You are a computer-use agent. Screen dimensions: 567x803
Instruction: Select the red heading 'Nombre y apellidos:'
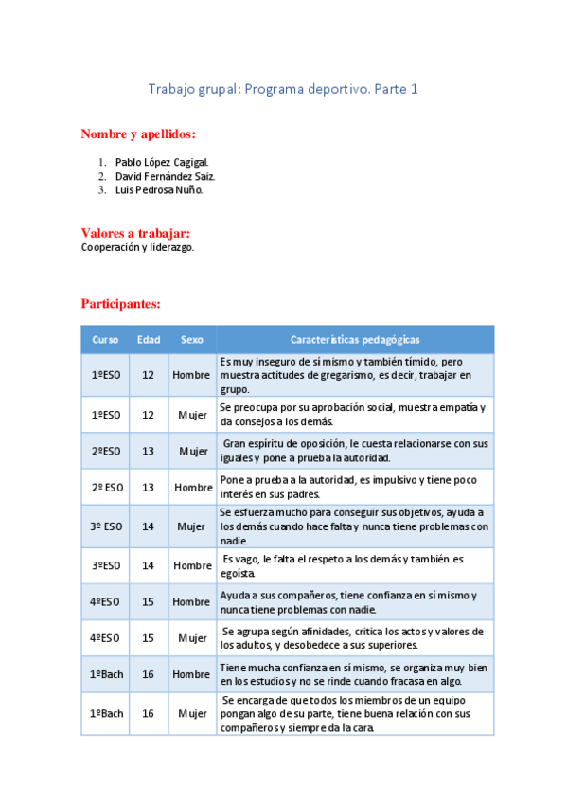(x=138, y=134)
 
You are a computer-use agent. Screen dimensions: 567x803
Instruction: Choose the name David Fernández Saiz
(x=166, y=176)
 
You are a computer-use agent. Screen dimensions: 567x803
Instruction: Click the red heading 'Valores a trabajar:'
(x=136, y=233)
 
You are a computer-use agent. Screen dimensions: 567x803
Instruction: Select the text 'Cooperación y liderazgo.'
(x=138, y=247)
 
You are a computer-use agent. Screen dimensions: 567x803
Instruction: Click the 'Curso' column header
(x=105, y=339)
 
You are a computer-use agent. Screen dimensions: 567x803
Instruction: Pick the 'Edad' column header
(x=148, y=339)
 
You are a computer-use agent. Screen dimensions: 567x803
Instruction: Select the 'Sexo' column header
(x=192, y=339)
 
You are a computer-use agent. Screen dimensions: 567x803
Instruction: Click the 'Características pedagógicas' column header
(x=355, y=339)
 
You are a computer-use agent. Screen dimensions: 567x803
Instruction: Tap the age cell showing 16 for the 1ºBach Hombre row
(x=148, y=674)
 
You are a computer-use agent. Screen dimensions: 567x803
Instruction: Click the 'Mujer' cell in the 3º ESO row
(x=192, y=526)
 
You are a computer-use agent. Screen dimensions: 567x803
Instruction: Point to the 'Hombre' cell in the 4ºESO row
(x=192, y=602)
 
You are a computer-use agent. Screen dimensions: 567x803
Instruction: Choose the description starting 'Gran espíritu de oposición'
(x=355, y=451)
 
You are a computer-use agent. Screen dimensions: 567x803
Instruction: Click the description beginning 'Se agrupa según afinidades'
(x=353, y=638)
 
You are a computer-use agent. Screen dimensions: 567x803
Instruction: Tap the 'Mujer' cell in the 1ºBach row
(x=192, y=713)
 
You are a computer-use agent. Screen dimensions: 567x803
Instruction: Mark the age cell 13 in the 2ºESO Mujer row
(x=148, y=451)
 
